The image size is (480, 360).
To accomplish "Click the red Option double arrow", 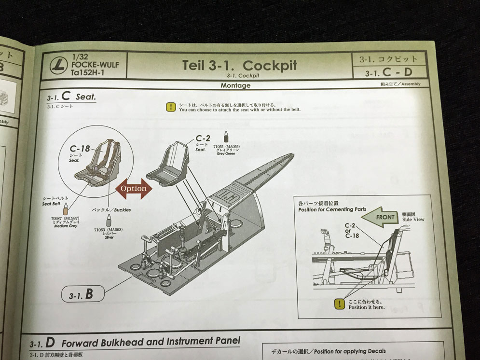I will point(134,188).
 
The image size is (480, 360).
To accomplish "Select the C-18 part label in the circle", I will point(80,149).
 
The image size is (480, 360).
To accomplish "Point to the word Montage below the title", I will point(235,85).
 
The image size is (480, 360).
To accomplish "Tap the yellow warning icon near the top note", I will point(170,107).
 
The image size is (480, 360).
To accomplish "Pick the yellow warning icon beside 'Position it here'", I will point(340,304).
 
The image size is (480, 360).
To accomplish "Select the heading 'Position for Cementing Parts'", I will point(332,209).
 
